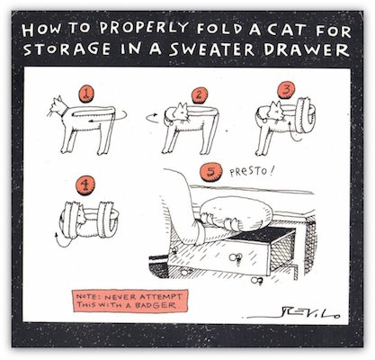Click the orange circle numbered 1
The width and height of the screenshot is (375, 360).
[x=86, y=94]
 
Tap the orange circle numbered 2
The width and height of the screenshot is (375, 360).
[x=200, y=95]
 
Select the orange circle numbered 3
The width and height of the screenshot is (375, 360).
[x=286, y=91]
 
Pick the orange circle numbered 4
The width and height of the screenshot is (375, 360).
[x=85, y=185]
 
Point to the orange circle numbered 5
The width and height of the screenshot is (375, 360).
[x=211, y=173]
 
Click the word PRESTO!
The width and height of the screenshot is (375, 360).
[x=251, y=172]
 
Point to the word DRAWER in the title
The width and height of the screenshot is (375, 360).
[x=307, y=49]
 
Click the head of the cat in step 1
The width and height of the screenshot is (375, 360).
[x=58, y=106]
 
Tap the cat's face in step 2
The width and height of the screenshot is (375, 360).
[x=182, y=112]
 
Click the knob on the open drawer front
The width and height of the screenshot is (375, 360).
[x=236, y=257]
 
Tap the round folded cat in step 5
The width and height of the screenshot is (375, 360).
[x=236, y=214]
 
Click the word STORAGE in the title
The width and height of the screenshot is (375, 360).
[x=67, y=49]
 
